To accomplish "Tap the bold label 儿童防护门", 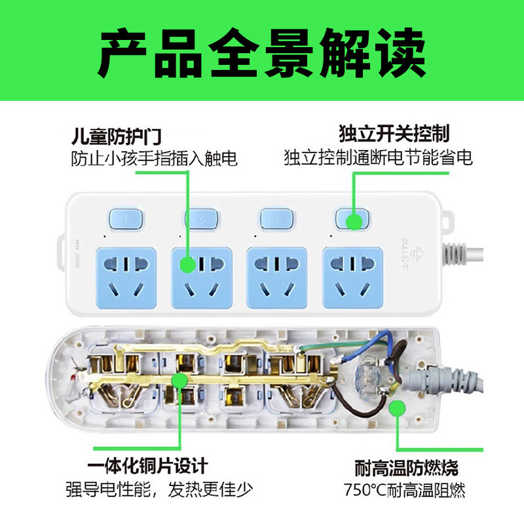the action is (x=117, y=136).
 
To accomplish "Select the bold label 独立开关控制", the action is (x=394, y=134).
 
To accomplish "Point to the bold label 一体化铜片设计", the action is (x=148, y=466).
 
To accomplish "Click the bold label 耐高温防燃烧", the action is (x=406, y=468).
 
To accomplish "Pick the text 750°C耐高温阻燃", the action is (x=404, y=490).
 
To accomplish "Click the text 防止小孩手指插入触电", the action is (x=154, y=159).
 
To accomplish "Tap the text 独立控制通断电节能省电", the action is (x=379, y=157).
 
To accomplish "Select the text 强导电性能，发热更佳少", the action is (x=159, y=489).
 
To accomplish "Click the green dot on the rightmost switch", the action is (x=354, y=221).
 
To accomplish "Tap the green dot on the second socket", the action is (x=187, y=265).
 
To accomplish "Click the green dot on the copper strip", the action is (x=179, y=381).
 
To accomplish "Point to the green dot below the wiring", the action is (x=398, y=408).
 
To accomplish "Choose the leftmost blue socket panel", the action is (x=126, y=278).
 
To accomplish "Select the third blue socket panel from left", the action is (x=276, y=278).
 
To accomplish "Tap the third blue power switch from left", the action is (x=276, y=219).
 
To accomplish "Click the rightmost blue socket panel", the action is (x=352, y=278).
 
